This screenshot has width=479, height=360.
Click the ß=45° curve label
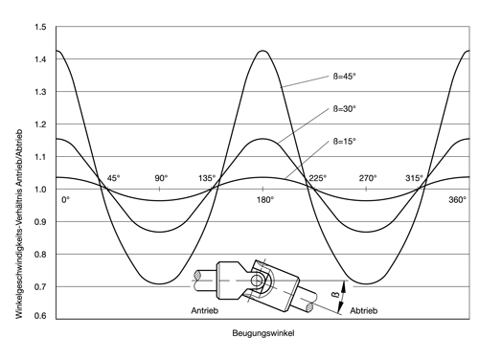coord(345,77)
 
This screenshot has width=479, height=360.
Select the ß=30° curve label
coord(345,109)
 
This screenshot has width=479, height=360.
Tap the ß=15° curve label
coord(345,142)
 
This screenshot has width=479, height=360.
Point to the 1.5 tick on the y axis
coord(40,28)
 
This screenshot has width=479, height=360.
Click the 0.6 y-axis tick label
coord(40,316)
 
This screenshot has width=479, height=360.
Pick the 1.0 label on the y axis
coord(40,190)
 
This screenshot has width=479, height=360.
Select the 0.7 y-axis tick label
coord(40,286)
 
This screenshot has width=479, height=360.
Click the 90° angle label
coord(161,178)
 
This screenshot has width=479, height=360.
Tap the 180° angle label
coord(265,200)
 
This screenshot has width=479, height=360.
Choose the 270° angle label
coord(368,178)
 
